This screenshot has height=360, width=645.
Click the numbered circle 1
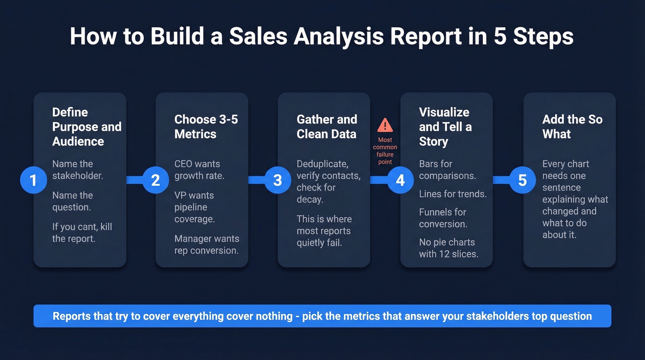[34, 180]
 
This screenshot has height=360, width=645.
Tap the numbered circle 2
[156, 180]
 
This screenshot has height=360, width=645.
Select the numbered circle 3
[278, 180]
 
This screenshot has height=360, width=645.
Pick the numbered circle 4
[400, 180]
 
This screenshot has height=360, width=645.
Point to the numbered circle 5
[522, 180]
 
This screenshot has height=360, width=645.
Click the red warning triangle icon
[385, 125]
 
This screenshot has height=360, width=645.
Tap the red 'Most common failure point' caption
[385, 151]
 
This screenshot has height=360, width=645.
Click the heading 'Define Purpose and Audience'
[87, 127]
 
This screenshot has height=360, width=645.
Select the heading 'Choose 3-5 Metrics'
[206, 127]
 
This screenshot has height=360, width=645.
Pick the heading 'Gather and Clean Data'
[327, 127]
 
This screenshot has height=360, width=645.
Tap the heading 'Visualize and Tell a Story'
[445, 127]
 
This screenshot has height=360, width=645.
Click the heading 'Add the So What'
[572, 127]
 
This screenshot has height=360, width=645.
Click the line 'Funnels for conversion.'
[443, 218]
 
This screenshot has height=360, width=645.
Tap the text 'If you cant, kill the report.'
[82, 233]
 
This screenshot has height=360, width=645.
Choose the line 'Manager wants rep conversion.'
[206, 245]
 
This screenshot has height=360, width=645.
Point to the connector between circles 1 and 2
[134, 180]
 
